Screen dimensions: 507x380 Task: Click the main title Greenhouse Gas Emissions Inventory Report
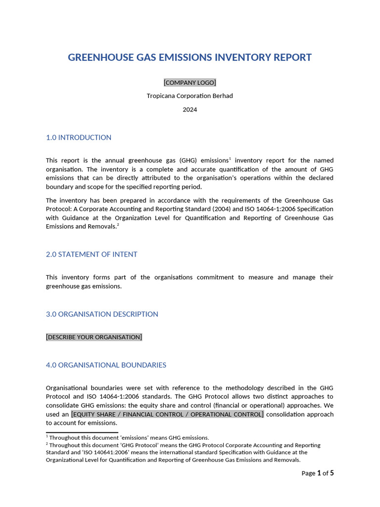(x=190, y=57)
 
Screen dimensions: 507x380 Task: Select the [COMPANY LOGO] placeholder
(x=190, y=83)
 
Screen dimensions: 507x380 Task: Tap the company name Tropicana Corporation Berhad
(x=190, y=96)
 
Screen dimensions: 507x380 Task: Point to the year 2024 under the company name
(x=190, y=109)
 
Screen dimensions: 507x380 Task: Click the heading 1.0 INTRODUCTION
(x=79, y=138)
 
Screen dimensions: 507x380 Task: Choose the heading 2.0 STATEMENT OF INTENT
(x=92, y=254)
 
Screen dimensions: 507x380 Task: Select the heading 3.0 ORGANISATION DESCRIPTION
(x=102, y=314)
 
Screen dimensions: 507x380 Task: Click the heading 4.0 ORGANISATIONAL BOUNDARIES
(x=106, y=365)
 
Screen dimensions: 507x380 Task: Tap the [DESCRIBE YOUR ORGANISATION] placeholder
(x=94, y=337)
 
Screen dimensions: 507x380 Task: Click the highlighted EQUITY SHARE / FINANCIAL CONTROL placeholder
(x=167, y=414)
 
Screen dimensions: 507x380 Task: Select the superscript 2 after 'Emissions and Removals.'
(x=118, y=225)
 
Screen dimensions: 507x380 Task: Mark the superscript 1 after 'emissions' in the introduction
(x=230, y=158)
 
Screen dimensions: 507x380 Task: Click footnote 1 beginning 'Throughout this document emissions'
(x=129, y=438)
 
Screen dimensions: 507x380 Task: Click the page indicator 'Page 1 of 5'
(x=318, y=473)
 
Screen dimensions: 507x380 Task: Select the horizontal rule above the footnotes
(x=82, y=432)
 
